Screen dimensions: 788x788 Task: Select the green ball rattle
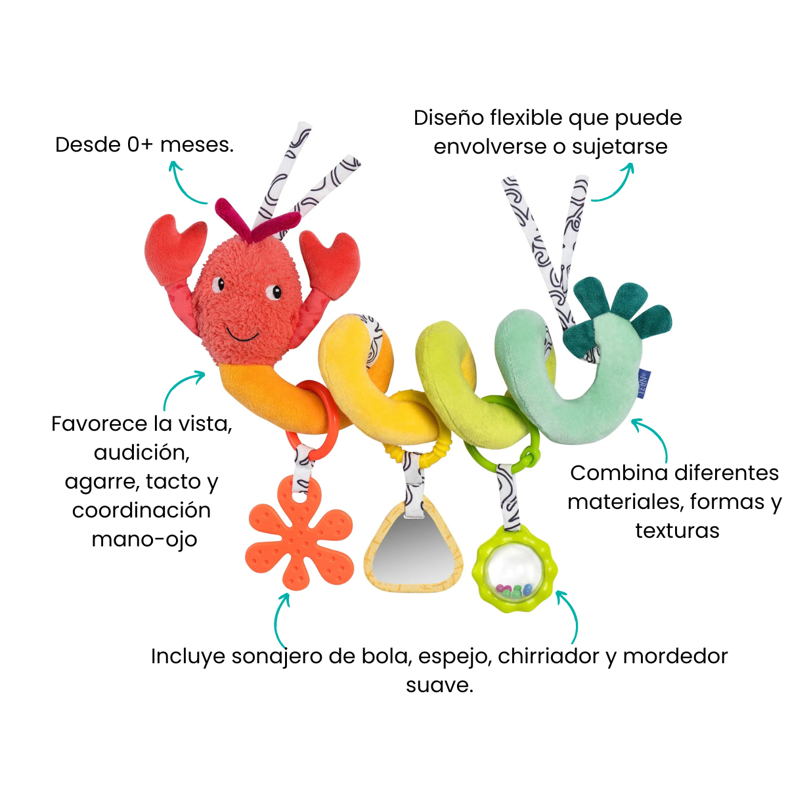click(x=514, y=569)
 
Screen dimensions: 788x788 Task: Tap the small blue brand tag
click(x=644, y=384)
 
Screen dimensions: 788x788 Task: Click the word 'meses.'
click(x=197, y=145)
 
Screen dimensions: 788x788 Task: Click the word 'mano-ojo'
click(x=144, y=540)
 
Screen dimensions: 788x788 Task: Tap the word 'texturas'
click(x=677, y=531)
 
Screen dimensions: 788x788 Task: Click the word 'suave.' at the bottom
click(x=439, y=686)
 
